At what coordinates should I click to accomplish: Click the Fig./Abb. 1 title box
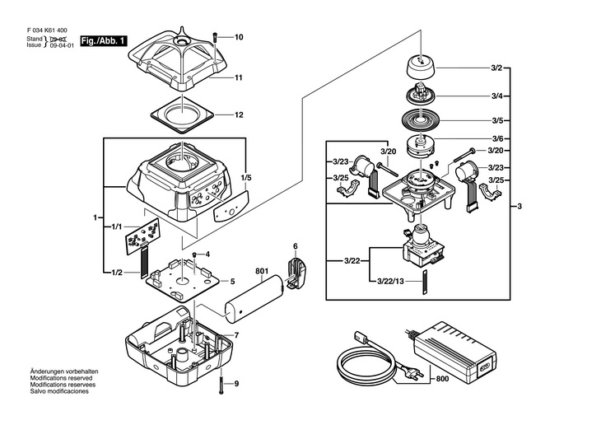103,41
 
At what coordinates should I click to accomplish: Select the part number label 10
239,38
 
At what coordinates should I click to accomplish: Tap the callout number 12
239,114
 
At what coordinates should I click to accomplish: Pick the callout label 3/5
497,119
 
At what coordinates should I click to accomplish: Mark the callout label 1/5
246,177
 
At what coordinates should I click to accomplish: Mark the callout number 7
236,335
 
